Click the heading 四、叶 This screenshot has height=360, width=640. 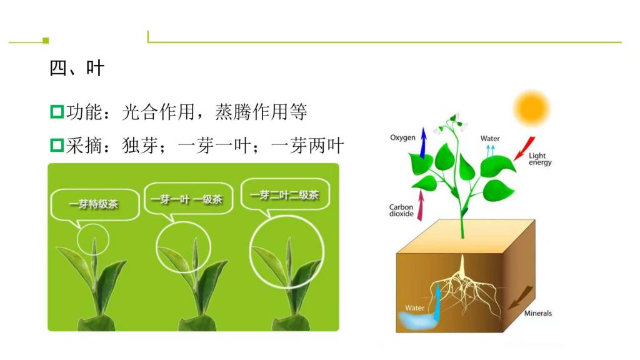click(x=76, y=67)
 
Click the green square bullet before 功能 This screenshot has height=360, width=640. click(x=57, y=111)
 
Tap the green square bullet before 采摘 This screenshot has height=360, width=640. click(x=57, y=145)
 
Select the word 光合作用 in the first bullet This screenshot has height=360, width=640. click(x=158, y=112)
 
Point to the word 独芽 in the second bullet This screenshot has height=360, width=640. click(x=140, y=146)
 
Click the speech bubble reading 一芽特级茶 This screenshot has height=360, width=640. click(x=95, y=204)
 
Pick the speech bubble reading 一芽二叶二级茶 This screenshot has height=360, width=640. click(x=285, y=195)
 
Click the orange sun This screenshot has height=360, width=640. click(x=531, y=108)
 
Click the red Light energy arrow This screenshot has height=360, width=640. click(x=524, y=148)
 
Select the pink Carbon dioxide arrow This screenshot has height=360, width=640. click(x=421, y=205)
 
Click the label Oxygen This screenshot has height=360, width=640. click(x=402, y=137)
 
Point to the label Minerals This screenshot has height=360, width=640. click(x=537, y=313)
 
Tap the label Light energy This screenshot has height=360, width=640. click(x=540, y=159)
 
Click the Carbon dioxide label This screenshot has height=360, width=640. click(x=401, y=210)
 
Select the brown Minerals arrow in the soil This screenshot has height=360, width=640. click(x=521, y=297)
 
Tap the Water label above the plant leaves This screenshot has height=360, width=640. click(x=490, y=138)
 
